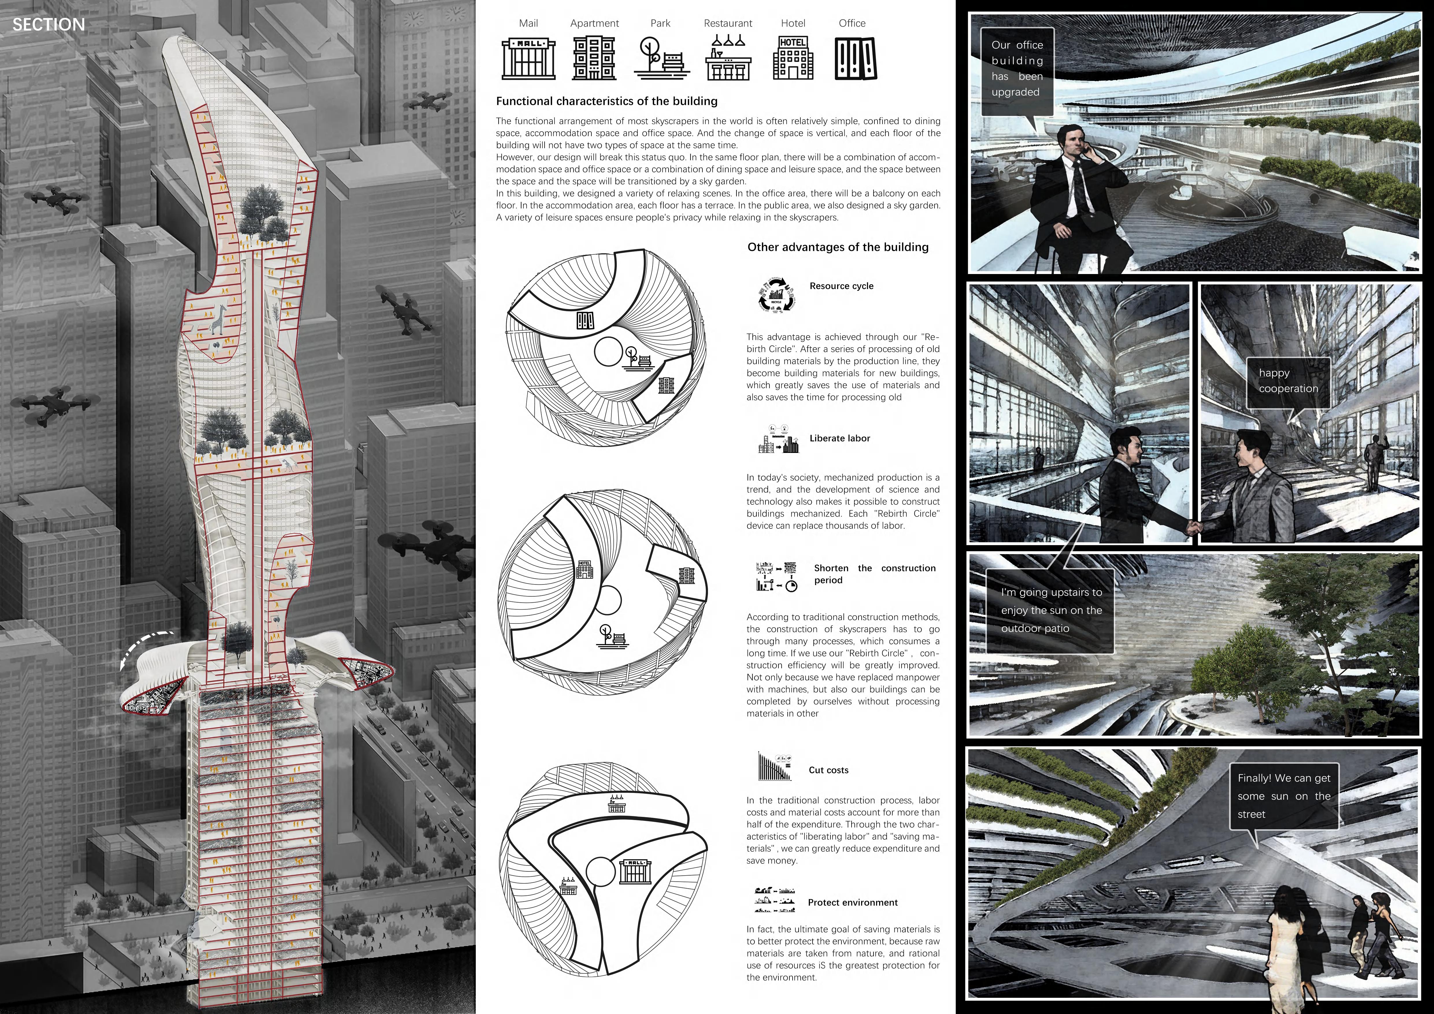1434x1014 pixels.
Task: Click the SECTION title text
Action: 49,25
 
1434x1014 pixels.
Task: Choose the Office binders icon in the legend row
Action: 855,59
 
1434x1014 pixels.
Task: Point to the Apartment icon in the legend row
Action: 594,59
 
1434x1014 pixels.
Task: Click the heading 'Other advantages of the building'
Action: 838,247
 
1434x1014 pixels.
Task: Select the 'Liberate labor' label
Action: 839,438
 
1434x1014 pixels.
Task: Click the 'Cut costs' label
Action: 828,770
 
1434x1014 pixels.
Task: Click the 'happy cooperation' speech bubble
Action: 1288,381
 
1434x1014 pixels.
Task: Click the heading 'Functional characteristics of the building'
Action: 606,101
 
